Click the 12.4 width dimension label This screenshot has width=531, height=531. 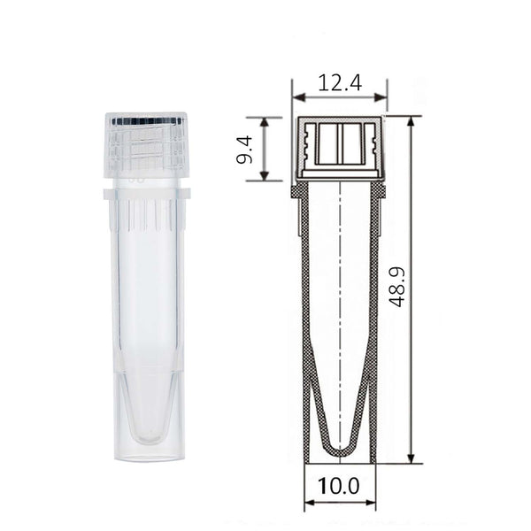(340, 83)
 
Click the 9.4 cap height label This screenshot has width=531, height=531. (244, 149)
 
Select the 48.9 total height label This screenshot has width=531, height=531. (396, 287)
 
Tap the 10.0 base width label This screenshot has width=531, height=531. (338, 486)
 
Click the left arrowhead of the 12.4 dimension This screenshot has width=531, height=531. (299, 98)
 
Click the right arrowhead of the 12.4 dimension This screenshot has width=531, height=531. (381, 98)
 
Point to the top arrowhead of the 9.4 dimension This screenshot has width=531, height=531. (265, 122)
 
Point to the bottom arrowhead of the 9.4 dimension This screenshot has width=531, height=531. (265, 176)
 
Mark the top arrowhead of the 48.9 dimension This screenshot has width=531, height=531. (411, 122)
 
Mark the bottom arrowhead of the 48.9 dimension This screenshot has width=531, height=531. (411, 458)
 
